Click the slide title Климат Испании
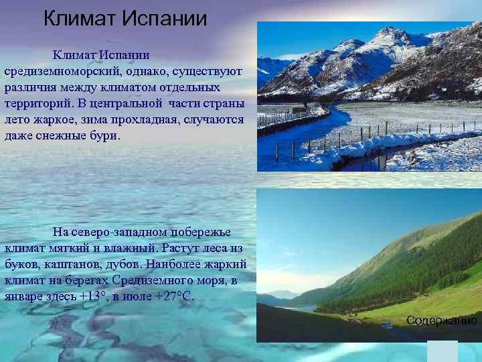tap(125, 18)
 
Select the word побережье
tap(199, 232)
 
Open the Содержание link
tap(442, 320)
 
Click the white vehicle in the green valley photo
tap(386, 325)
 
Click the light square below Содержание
tap(442, 351)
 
